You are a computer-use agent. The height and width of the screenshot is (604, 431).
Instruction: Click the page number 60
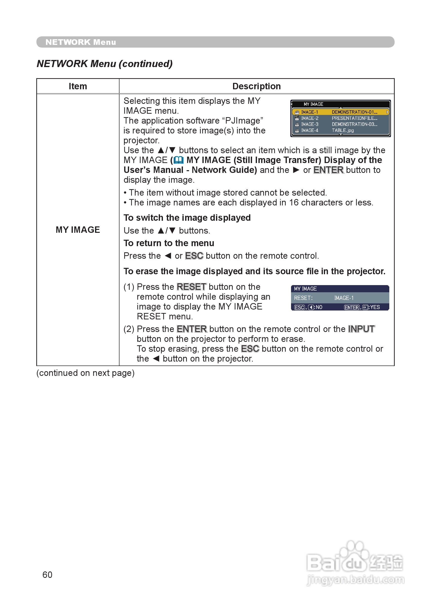(x=47, y=575)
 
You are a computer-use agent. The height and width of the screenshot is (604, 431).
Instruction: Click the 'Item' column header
(x=78, y=86)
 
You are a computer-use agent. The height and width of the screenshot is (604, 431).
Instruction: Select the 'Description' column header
(x=256, y=86)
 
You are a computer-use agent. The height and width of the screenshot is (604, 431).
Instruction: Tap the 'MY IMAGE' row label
(x=78, y=230)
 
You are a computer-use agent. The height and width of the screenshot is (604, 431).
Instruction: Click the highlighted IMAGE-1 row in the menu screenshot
(x=340, y=112)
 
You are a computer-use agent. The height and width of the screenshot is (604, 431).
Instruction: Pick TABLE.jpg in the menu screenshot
(x=343, y=130)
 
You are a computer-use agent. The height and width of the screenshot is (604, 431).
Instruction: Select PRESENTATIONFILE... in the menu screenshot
(x=354, y=118)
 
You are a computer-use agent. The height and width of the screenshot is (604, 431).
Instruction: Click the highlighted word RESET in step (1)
(x=191, y=287)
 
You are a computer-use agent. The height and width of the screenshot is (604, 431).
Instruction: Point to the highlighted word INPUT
(x=361, y=329)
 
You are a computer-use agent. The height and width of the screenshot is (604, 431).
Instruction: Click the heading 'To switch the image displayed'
(x=187, y=218)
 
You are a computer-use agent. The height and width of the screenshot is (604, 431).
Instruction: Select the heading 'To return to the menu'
(x=169, y=243)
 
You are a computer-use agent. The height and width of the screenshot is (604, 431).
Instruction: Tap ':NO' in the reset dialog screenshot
(x=319, y=307)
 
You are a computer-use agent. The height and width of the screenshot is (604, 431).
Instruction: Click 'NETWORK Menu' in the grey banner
(x=81, y=42)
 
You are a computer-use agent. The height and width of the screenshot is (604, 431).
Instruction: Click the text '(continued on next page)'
(x=85, y=373)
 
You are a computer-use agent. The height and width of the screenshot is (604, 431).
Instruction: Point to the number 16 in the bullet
(x=294, y=202)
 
